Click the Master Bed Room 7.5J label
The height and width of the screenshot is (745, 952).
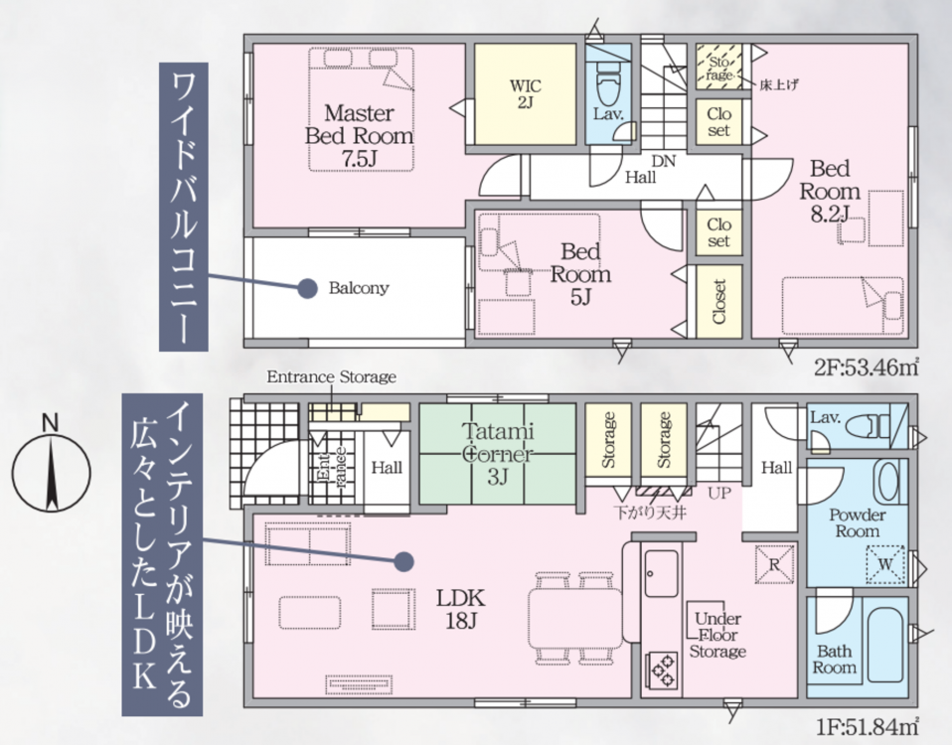coord(359,135)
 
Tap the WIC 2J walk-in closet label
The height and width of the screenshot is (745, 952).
coord(525,94)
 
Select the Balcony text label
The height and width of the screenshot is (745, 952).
coord(358,287)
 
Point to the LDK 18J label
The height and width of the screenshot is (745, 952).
coord(461,609)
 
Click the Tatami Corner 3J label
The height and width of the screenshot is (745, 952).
coord(497,454)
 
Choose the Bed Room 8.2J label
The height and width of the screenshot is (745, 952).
coord(830,191)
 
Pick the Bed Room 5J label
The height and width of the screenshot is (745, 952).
coord(580,273)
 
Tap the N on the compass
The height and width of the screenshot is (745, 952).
coord(51,423)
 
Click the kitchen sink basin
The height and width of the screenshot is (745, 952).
coord(662,573)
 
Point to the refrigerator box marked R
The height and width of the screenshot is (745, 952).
coord(775,564)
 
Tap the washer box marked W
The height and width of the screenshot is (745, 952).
coord(885,565)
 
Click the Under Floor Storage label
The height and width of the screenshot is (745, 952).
coord(717,635)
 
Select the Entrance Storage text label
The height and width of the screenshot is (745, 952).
coord(332,376)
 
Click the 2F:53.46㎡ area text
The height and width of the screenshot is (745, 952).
coord(866,368)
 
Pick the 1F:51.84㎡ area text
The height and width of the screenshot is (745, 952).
coord(866,725)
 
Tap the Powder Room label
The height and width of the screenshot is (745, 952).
coord(858,522)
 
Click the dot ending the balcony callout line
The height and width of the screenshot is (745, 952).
coord(308,288)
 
